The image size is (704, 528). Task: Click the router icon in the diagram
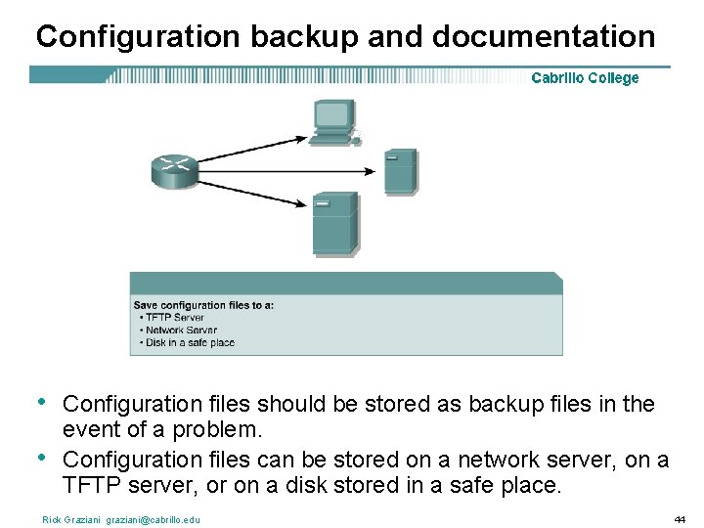[176, 171]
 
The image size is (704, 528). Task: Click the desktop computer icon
[334, 122]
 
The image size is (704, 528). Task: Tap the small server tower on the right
[400, 172]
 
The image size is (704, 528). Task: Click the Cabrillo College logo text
[585, 78]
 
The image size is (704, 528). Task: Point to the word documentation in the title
[544, 37]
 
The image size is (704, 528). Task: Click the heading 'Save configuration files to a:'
[203, 305]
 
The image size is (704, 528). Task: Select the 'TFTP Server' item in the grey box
[174, 318]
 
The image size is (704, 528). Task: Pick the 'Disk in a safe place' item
[189, 343]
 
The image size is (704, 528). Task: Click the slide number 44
[680, 519]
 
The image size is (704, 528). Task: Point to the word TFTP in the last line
[91, 485]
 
